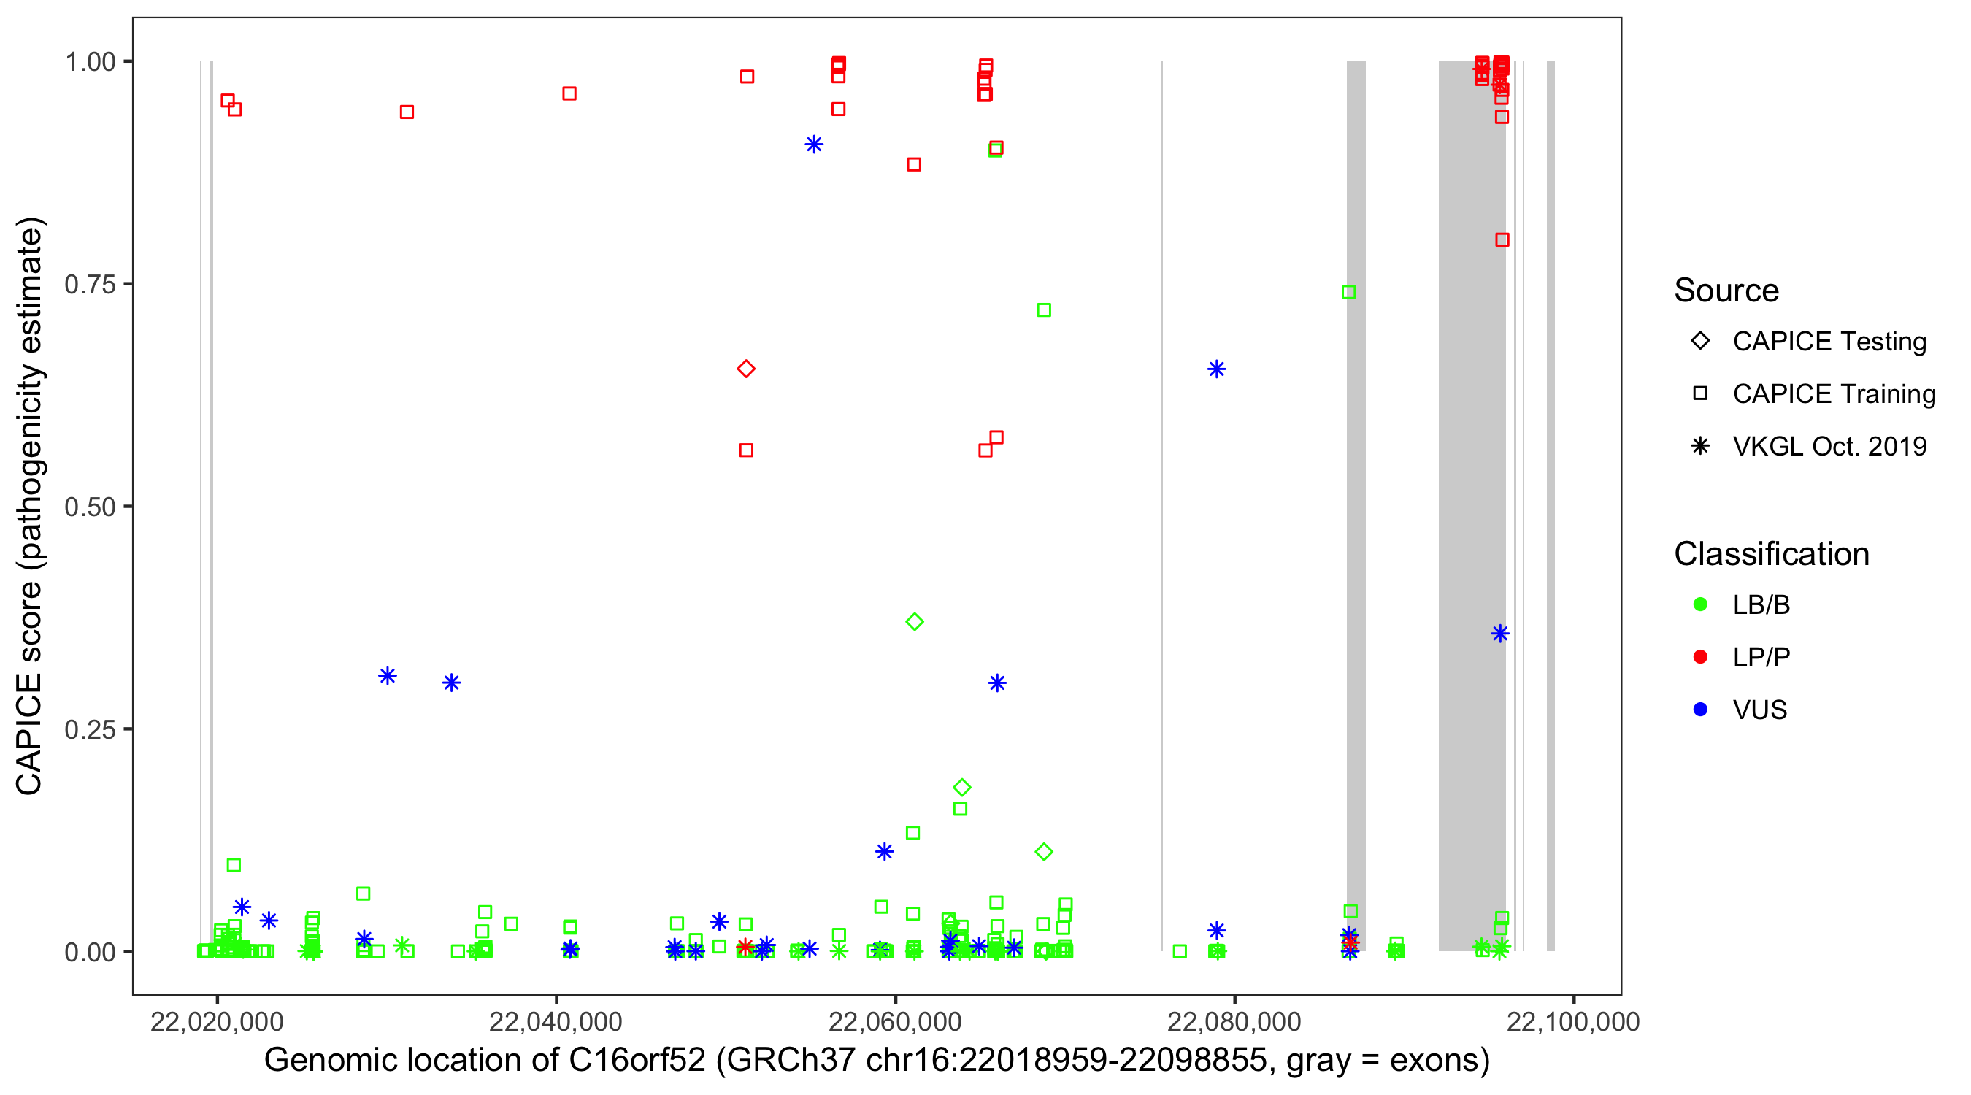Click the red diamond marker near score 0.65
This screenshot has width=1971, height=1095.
click(x=746, y=369)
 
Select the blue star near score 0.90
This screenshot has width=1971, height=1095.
click(x=814, y=145)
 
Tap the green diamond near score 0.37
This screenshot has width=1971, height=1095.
click(x=915, y=621)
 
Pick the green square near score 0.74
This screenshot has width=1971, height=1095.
click(x=1349, y=292)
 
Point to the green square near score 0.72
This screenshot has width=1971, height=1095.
click(x=1044, y=310)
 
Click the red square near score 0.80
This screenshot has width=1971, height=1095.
click(x=1502, y=240)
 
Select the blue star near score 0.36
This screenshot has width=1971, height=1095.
click(x=1499, y=634)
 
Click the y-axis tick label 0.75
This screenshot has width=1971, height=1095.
click(x=90, y=285)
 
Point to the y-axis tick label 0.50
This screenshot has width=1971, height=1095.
click(x=90, y=507)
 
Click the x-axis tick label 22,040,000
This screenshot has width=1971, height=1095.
click(x=556, y=1021)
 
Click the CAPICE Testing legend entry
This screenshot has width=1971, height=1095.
click(x=1829, y=342)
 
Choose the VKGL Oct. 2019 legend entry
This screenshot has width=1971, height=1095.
click(x=1829, y=446)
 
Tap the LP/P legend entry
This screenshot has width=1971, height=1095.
click(x=1761, y=657)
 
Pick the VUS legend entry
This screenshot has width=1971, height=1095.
click(x=1759, y=710)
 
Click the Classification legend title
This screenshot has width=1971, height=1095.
click(x=1771, y=554)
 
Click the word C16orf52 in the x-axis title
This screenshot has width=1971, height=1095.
click(x=637, y=1061)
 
